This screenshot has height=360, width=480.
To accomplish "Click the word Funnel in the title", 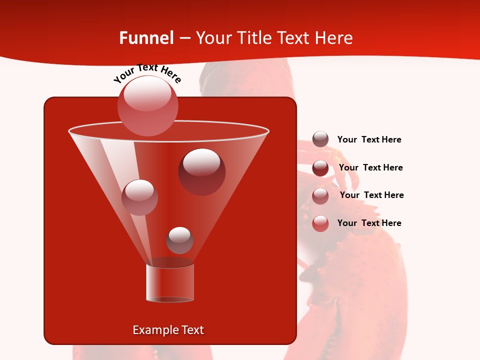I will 146,38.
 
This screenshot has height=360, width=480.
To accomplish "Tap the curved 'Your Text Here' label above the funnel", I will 147,73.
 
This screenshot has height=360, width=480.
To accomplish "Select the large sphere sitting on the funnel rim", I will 148,105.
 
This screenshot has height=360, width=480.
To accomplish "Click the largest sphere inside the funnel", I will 201,171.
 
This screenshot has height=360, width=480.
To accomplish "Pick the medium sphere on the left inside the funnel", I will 139,197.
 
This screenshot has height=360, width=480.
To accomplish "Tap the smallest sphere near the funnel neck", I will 179,240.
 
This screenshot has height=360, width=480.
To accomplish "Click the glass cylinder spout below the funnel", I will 170,283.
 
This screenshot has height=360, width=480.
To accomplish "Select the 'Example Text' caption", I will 168,330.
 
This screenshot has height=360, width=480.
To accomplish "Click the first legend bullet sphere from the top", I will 320,139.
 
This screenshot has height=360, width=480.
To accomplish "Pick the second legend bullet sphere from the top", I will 320,168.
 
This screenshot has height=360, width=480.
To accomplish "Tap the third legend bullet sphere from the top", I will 320,196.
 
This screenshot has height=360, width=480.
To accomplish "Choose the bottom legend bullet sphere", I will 320,223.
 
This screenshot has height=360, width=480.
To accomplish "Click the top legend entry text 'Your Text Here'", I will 369,139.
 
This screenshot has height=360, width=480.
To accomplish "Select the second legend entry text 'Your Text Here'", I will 370,167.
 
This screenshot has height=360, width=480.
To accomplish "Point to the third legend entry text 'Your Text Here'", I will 371,195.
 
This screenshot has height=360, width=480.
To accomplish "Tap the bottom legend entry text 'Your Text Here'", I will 369,223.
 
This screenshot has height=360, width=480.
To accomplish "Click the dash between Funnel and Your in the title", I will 184,38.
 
